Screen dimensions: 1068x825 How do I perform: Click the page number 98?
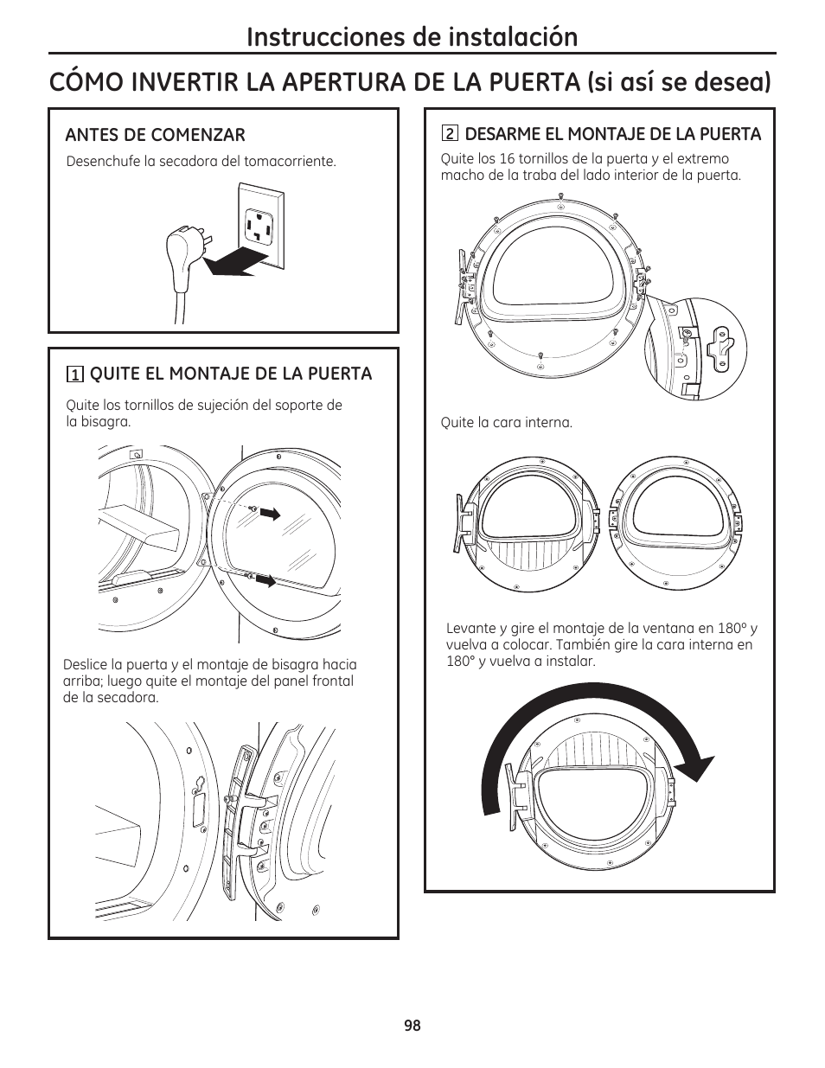[412, 1025]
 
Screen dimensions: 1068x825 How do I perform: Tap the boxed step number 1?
[76, 374]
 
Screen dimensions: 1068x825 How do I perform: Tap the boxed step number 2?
[449, 134]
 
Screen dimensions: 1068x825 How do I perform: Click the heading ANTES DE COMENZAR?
[156, 135]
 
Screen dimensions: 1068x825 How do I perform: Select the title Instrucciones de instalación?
[412, 36]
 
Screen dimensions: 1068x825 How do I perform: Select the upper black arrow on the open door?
[271, 514]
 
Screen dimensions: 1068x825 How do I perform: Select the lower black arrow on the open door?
[266, 580]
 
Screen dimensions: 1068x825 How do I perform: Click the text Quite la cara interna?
[507, 423]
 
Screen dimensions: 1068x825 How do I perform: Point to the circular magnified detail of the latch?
[695, 349]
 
